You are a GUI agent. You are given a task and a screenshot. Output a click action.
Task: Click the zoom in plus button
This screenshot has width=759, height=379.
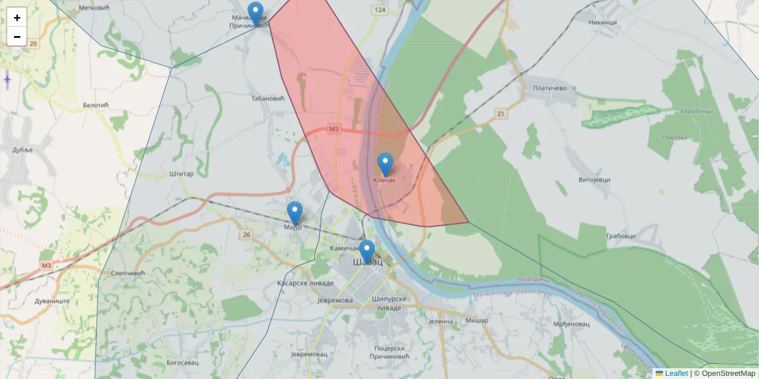tap(17, 18)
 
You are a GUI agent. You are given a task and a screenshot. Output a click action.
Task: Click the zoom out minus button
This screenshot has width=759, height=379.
tap(17, 37)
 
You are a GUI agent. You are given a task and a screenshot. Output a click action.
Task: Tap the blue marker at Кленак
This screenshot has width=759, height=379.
tap(385, 165)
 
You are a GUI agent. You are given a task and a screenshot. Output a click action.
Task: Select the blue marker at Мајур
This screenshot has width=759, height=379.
tap(295, 214)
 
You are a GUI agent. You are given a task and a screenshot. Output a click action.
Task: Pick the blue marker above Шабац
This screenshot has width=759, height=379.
tap(367, 251)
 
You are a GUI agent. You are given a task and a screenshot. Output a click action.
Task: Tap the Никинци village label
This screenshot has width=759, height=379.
tap(602, 22)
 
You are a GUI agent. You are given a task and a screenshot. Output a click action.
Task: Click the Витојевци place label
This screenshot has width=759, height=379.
tap(595, 180)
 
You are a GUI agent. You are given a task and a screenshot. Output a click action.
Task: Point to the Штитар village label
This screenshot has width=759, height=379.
tap(182, 174)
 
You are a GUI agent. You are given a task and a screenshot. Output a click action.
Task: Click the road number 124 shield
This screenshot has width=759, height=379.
tap(379, 11)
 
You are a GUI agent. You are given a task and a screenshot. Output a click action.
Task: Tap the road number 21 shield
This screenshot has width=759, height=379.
tap(502, 114)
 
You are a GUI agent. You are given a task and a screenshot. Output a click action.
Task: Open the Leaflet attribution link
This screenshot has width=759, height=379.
tap(676, 373)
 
